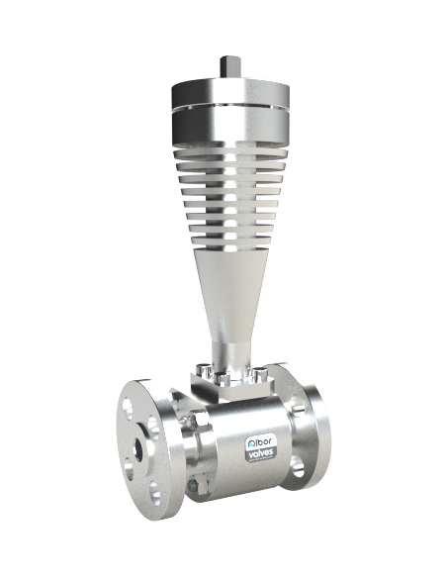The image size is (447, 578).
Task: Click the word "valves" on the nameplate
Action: pyautogui.click(x=261, y=452)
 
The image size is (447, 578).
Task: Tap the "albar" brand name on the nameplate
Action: pyautogui.click(x=260, y=441)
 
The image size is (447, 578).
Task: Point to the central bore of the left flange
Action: pyautogui.click(x=138, y=448)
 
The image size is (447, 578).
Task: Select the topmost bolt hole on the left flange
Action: pyautogui.click(x=128, y=409)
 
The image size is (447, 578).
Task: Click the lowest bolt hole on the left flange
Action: pyautogui.click(x=155, y=493)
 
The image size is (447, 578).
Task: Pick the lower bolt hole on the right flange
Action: pyautogui.click(x=297, y=466)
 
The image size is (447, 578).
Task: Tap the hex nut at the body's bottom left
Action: pyautogui.click(x=195, y=486)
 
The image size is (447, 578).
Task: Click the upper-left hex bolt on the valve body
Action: pyautogui.click(x=194, y=422)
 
